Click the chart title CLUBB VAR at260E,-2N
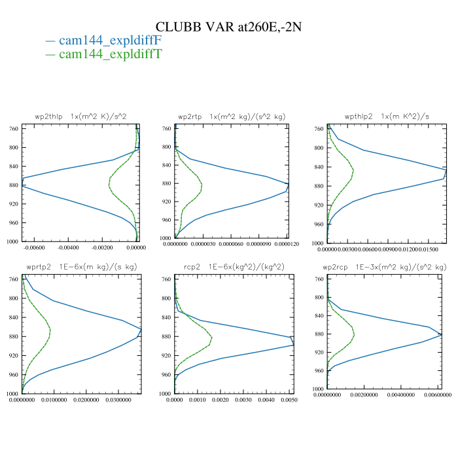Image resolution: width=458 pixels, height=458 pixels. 228,27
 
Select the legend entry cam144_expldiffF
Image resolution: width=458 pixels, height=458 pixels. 110,41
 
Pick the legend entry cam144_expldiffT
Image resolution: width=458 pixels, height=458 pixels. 110,54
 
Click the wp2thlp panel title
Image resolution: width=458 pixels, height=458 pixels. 80,116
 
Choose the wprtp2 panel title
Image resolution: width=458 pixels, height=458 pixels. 81,267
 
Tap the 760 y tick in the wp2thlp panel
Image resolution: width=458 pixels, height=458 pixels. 14,129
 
